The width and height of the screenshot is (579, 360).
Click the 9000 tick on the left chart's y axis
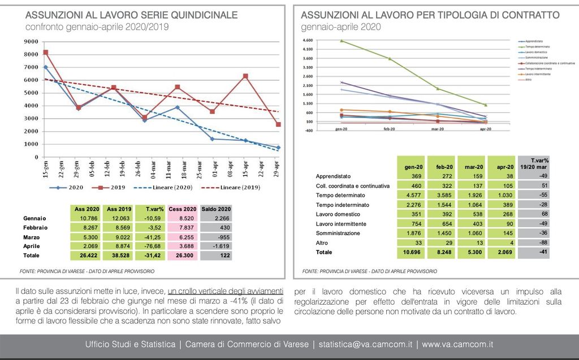pos(31,41)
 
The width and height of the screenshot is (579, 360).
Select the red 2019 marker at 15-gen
pos(46,53)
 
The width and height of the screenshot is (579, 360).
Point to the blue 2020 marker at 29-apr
pos(278,148)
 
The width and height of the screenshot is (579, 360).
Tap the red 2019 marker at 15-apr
pos(245,76)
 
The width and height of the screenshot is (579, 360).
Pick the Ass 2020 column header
pos(87,209)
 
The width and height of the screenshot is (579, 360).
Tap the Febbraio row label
pos(35,228)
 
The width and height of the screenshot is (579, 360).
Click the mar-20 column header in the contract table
pos(471,167)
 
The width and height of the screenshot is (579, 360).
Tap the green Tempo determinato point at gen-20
pos(341,41)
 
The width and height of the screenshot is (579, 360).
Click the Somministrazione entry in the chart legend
pos(536,58)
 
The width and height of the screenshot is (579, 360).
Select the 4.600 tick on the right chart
pos(308,41)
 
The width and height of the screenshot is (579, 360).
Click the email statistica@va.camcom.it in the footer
pos(365,344)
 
